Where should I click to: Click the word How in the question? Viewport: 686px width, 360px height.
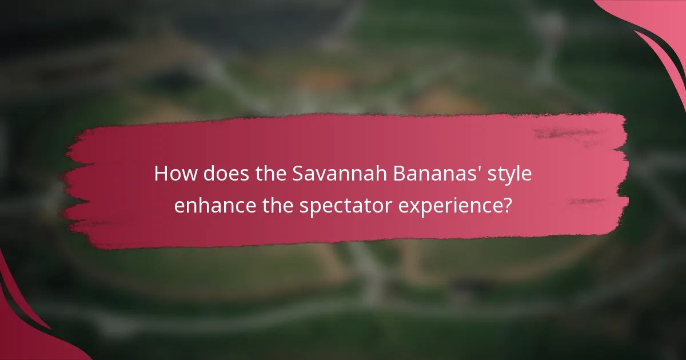(171, 174)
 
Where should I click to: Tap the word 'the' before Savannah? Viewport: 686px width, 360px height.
(268, 174)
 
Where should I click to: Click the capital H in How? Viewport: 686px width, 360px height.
(161, 174)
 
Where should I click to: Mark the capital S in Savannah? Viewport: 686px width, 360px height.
(298, 174)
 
